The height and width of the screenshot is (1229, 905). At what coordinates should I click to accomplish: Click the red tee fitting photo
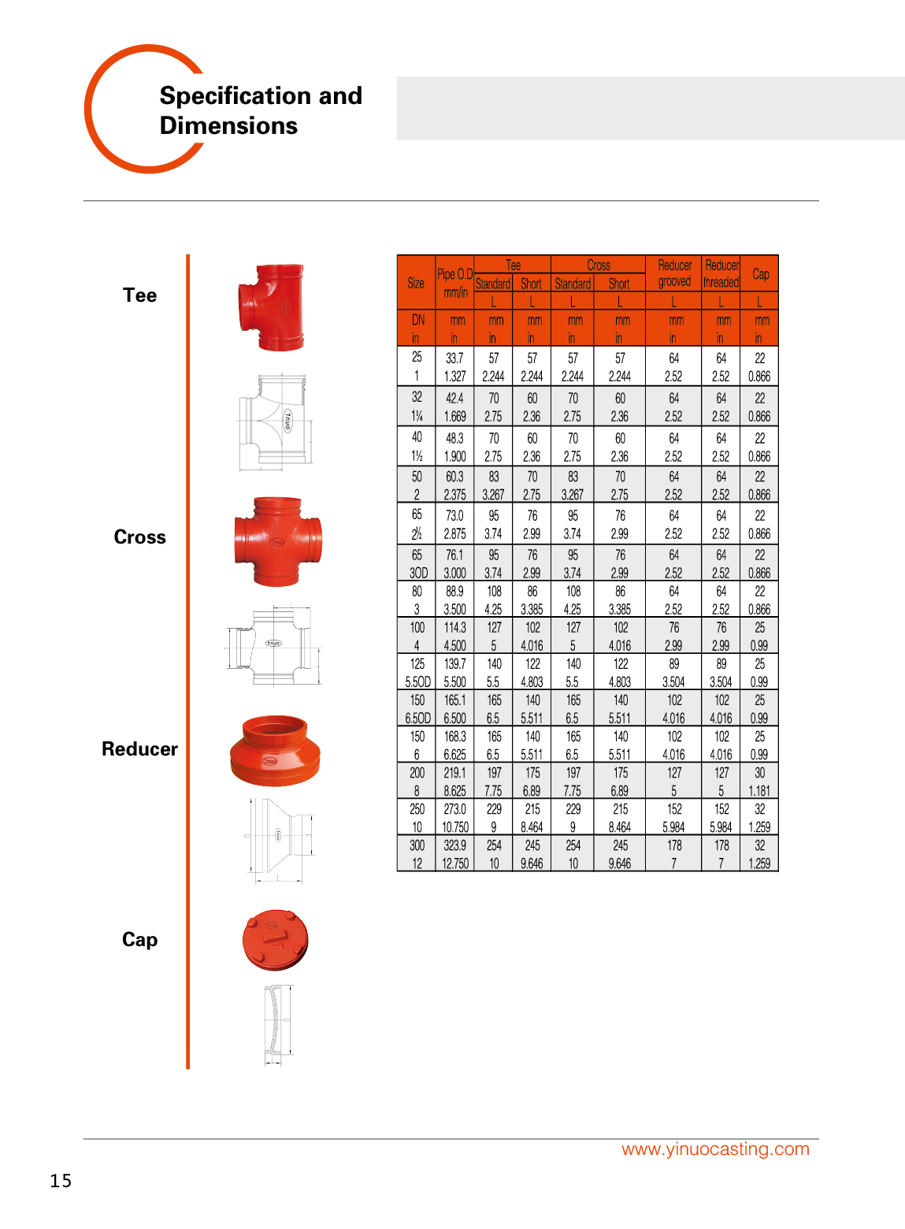click(x=271, y=307)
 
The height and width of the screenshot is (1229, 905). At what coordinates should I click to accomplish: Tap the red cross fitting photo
click(x=277, y=541)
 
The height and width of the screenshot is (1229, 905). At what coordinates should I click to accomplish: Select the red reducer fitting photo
click(x=275, y=751)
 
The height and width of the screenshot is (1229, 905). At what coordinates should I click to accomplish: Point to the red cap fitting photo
click(x=275, y=940)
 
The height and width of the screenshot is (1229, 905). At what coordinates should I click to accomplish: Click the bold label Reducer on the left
click(x=139, y=749)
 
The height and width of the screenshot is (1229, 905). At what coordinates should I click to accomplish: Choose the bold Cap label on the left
click(x=139, y=940)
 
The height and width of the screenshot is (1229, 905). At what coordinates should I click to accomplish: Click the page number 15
click(x=61, y=1180)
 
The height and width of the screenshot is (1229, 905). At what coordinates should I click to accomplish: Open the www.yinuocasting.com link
click(x=715, y=1149)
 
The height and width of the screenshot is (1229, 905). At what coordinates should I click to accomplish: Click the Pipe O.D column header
click(x=454, y=282)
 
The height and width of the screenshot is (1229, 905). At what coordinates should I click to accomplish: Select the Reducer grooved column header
click(x=674, y=273)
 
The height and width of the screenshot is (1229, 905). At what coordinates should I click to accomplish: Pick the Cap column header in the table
click(x=760, y=274)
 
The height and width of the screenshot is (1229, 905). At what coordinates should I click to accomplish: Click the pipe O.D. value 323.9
click(x=454, y=845)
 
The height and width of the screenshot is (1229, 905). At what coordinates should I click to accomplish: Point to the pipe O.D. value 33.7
click(x=454, y=358)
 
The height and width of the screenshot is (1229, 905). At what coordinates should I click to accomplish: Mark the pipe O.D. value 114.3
click(x=454, y=628)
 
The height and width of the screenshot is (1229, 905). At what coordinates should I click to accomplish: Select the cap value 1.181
click(x=759, y=791)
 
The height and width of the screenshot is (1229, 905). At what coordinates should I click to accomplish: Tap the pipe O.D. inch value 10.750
click(x=454, y=827)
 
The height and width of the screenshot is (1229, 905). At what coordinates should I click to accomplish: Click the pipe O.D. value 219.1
click(x=454, y=773)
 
